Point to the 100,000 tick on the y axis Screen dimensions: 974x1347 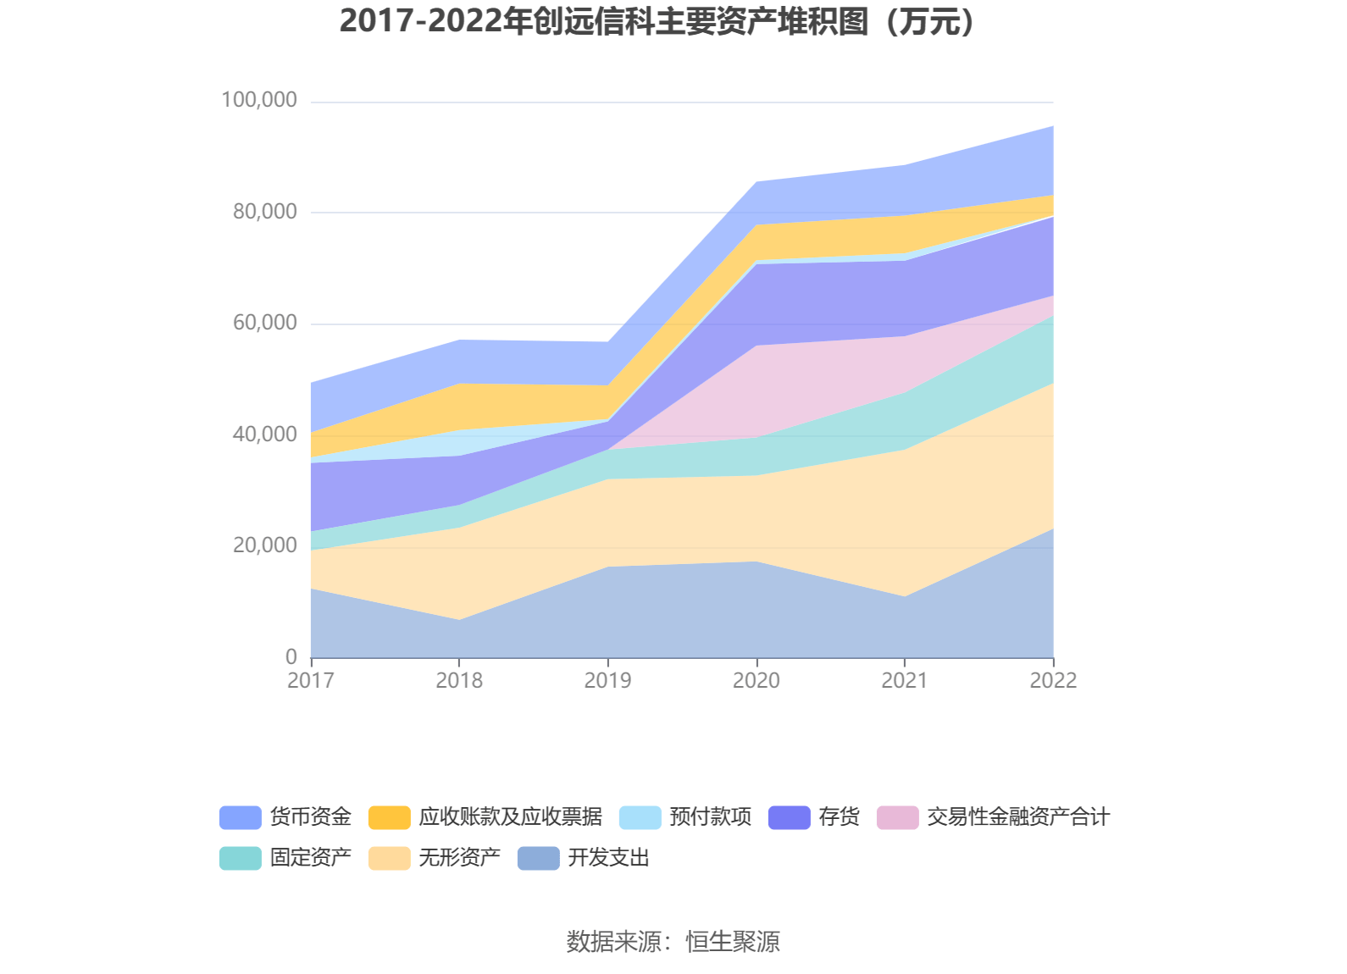[x=259, y=100]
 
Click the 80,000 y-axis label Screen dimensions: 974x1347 [x=265, y=212]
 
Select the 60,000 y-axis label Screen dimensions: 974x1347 [x=265, y=323]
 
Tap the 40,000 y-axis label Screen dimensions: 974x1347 [x=265, y=434]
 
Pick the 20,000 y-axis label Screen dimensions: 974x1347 [x=265, y=545]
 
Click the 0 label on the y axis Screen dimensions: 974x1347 [x=291, y=656]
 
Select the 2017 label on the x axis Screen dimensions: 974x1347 [x=311, y=680]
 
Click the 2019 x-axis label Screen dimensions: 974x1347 [x=607, y=680]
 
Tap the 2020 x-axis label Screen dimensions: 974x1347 [x=756, y=680]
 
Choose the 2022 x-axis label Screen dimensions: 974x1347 [x=1053, y=680]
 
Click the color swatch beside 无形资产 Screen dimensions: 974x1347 [x=389, y=858]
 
